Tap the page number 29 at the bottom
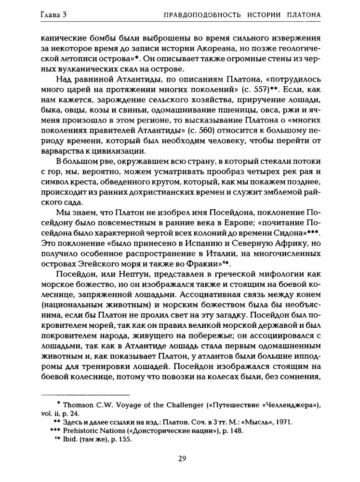click(x=182, y=458)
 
